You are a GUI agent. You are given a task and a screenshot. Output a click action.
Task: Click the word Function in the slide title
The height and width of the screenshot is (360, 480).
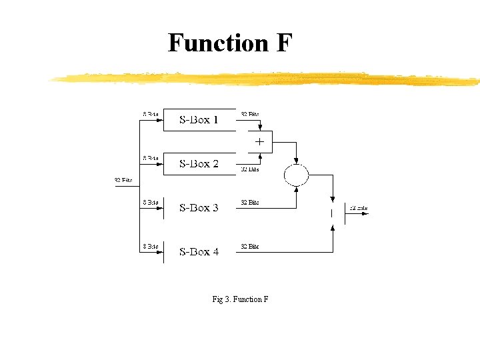(210, 43)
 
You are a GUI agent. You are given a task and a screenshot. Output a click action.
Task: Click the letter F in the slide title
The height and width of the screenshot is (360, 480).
(283, 43)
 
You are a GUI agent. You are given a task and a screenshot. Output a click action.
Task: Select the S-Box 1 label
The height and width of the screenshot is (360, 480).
(199, 120)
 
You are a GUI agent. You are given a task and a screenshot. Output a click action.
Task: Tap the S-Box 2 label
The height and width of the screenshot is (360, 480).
(199, 163)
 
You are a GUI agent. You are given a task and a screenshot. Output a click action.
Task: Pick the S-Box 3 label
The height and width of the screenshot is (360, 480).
(199, 207)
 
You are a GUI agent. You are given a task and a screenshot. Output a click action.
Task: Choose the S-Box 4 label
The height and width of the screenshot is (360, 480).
(199, 251)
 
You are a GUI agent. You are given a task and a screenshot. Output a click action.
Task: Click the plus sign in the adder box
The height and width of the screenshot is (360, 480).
(259, 141)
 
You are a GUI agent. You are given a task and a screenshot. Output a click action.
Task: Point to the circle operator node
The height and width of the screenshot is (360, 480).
(297, 175)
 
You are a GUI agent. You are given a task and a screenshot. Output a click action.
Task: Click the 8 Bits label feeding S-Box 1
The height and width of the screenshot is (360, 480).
(150, 114)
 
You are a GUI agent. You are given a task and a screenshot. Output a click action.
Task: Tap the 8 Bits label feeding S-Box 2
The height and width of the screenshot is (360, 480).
(150, 158)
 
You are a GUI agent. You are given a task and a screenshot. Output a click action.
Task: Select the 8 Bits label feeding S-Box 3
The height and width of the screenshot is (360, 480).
(150, 202)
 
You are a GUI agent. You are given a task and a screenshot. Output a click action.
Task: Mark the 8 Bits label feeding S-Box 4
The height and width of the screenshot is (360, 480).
(150, 246)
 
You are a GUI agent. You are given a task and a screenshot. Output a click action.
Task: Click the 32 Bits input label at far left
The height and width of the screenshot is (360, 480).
(123, 180)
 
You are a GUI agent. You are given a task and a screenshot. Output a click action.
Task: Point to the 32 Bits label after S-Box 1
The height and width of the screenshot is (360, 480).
(250, 114)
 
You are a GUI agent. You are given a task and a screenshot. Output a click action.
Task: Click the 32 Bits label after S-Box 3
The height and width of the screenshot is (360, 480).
(250, 202)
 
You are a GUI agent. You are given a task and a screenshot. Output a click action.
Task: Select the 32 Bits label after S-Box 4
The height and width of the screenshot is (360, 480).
(250, 246)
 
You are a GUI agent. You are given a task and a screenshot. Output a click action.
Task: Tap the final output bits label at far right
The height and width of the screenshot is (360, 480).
(359, 208)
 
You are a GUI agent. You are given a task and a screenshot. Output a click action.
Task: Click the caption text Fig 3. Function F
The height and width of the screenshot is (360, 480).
(240, 299)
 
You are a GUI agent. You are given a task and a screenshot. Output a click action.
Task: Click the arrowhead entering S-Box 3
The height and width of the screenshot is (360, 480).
(160, 207)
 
